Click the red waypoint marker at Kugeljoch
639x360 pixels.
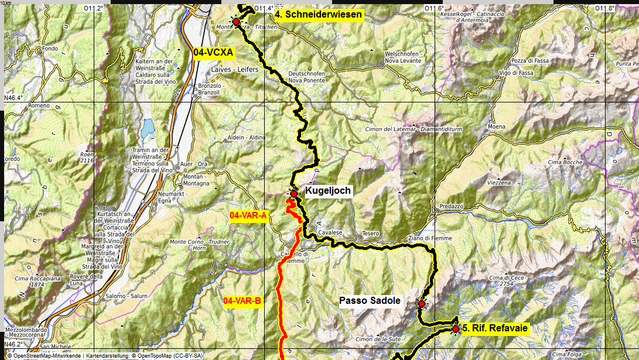pyautogui.click(x=293, y=193)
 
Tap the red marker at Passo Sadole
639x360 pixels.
pyautogui.click(x=421, y=304)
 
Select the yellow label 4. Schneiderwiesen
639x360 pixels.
pyautogui.click(x=319, y=15)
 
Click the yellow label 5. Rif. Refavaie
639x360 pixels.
pyautogui.click(x=495, y=328)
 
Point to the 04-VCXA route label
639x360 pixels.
pyautogui.click(x=213, y=53)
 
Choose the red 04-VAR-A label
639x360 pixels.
pyautogui.click(x=248, y=216)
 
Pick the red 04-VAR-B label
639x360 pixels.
pyautogui.click(x=242, y=301)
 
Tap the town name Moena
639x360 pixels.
pyautogui.click(x=496, y=126)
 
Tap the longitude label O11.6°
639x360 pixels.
pyautogui.click(x=434, y=8)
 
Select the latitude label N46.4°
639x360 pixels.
pyautogui.click(x=14, y=98)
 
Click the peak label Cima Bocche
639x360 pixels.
pyautogui.click(x=565, y=162)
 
